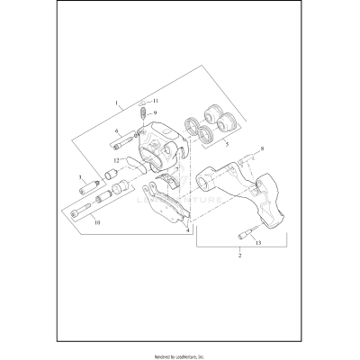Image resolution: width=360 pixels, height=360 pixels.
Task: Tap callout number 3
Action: (79, 178)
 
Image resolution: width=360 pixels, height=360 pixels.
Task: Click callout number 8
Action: (262, 148)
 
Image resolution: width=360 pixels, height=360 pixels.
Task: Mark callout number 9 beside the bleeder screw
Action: (155, 112)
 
